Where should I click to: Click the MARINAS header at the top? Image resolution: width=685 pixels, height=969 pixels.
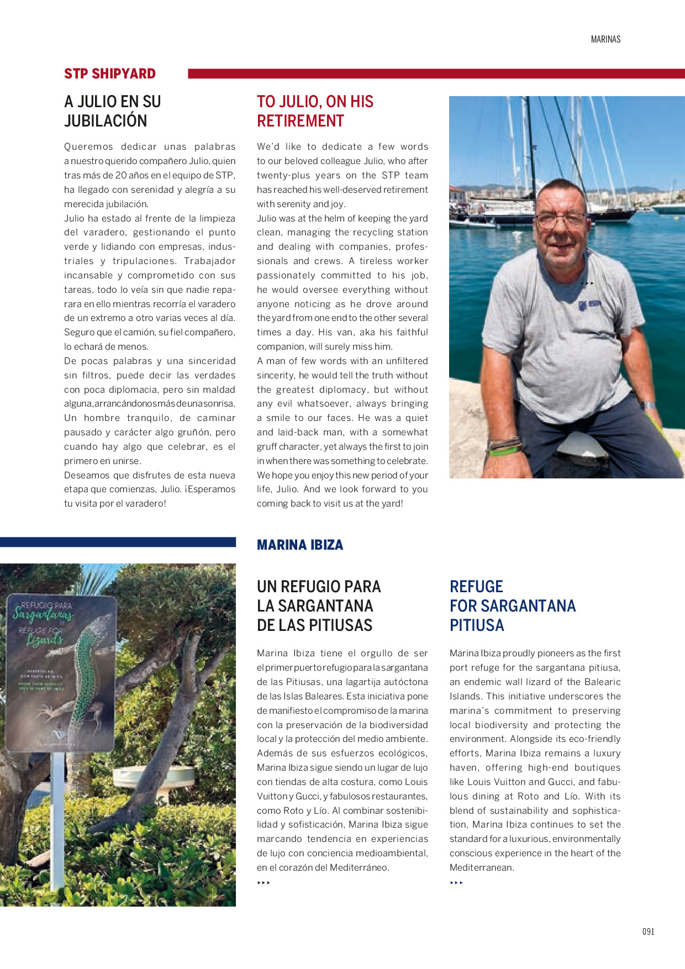click(x=605, y=39)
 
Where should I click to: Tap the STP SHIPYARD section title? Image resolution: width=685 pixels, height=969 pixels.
click(x=110, y=73)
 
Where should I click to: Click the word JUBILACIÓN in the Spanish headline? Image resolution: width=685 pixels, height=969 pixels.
click(x=106, y=121)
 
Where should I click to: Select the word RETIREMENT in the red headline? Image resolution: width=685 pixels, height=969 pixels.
click(x=301, y=121)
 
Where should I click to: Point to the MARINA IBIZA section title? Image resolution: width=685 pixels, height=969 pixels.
click(x=300, y=545)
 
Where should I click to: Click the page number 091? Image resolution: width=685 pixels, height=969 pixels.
click(x=648, y=931)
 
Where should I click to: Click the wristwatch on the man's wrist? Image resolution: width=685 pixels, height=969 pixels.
click(x=649, y=405)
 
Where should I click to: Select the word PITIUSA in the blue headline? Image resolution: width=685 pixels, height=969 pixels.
click(x=477, y=625)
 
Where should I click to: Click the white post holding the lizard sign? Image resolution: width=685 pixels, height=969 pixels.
click(x=57, y=823)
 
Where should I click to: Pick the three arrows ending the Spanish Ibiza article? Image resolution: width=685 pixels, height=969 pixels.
click(x=264, y=883)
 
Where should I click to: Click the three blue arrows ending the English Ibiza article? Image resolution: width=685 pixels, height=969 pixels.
click(x=456, y=883)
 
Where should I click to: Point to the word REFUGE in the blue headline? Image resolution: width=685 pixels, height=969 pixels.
click(x=476, y=587)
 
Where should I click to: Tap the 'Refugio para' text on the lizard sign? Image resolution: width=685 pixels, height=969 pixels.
click(x=46, y=605)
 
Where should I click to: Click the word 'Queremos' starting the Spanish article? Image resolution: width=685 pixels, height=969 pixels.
click(x=88, y=147)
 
